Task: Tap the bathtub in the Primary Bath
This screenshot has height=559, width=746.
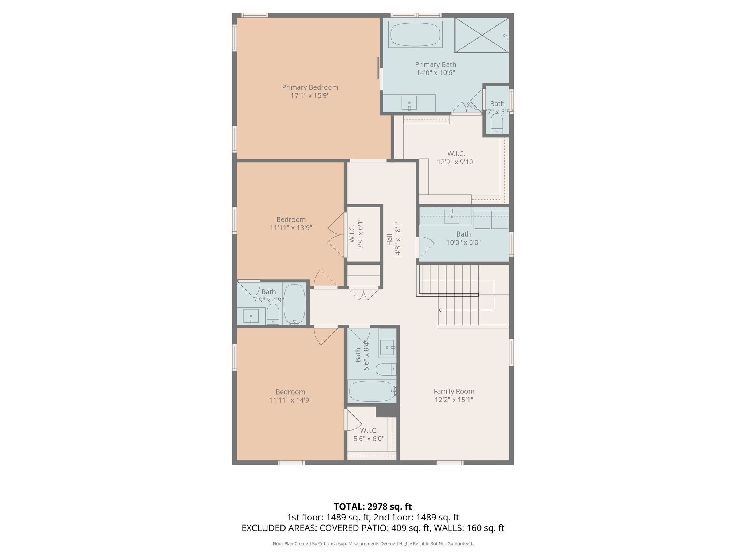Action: (x=415, y=35)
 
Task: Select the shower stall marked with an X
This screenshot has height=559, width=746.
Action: (x=482, y=35)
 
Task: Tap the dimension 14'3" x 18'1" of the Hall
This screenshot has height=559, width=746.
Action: (x=398, y=239)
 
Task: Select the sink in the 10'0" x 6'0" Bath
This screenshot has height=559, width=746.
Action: (x=452, y=217)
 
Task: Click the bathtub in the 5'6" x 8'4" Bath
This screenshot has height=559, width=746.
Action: (x=372, y=392)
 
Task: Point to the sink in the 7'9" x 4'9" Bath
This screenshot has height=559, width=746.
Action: (x=251, y=316)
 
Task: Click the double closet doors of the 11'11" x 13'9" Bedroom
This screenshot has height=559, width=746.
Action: (x=337, y=235)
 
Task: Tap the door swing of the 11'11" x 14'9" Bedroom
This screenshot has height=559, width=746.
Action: (x=326, y=336)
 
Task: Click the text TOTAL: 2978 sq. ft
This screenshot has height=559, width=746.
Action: (x=373, y=507)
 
